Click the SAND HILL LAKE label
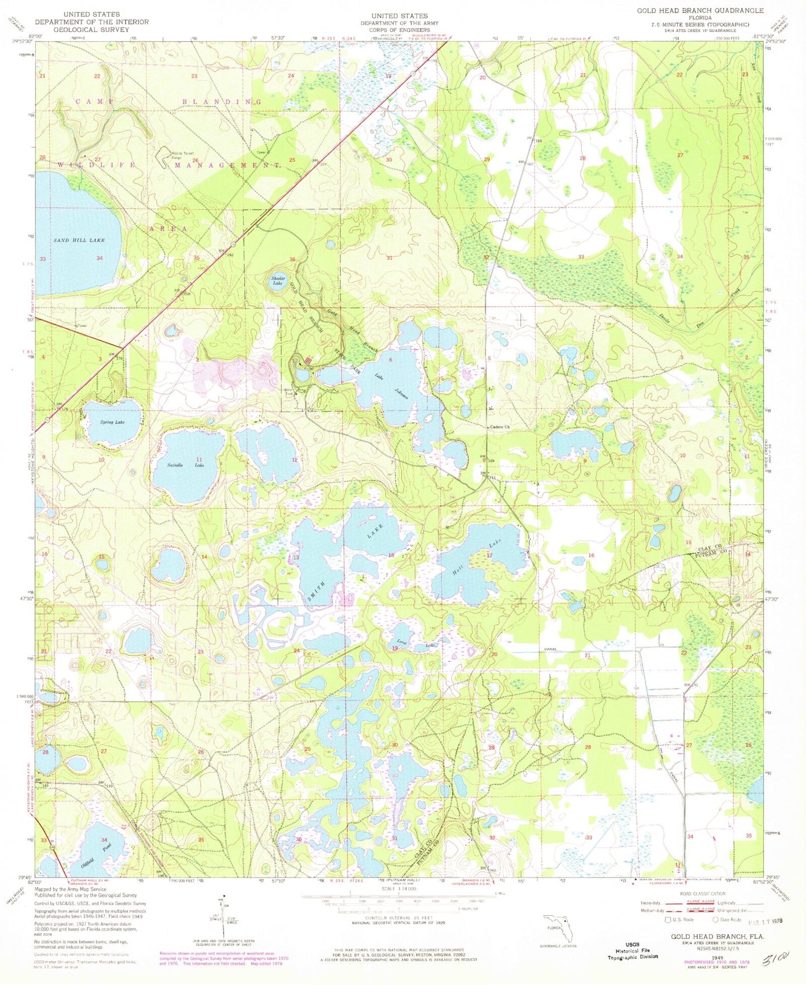pos(79,240)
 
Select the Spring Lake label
pos(112,422)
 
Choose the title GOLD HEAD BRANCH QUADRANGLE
pos(700,11)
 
